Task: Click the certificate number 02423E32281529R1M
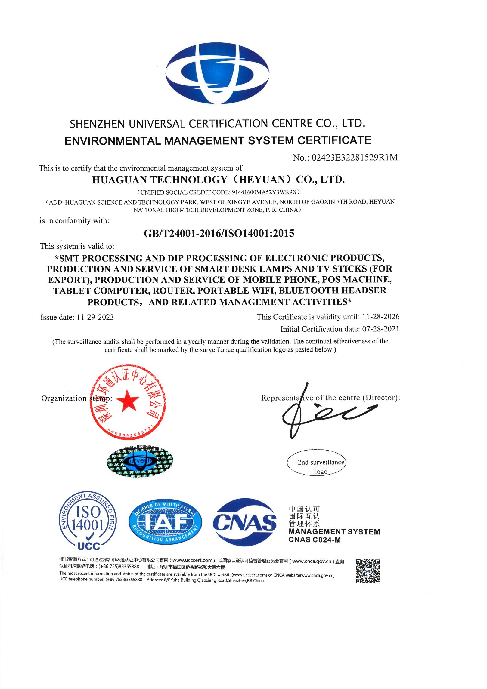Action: click(x=355, y=157)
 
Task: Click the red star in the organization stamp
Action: click(x=127, y=400)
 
